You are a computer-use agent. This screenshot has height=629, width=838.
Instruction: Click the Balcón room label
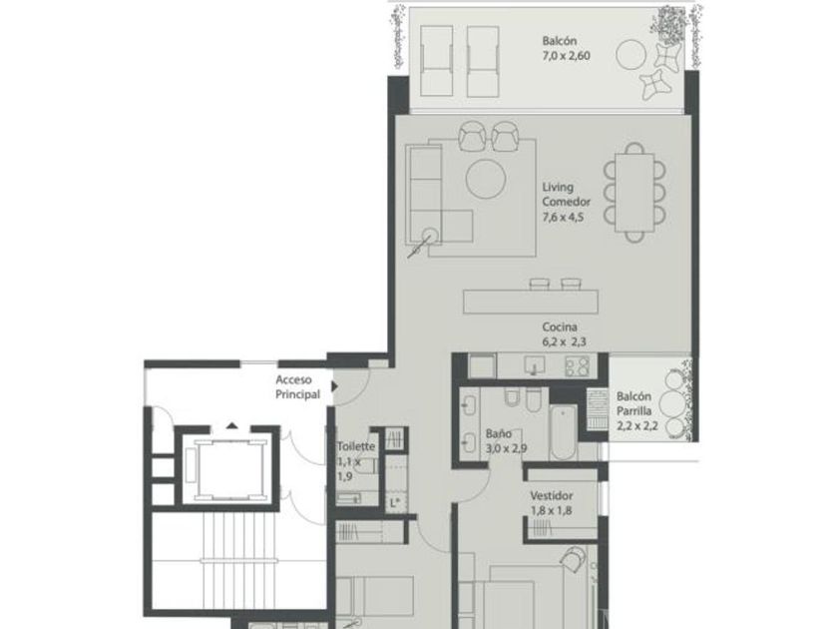point(559,41)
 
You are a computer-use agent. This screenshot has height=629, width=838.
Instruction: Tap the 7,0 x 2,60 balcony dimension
point(566,56)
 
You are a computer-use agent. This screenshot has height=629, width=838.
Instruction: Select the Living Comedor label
point(566,194)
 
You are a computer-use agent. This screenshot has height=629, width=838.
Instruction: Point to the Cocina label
point(559,326)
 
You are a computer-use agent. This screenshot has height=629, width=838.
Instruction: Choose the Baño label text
point(498,433)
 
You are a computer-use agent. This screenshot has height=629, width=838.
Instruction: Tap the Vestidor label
point(551,495)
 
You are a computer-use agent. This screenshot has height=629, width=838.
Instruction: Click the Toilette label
point(356,446)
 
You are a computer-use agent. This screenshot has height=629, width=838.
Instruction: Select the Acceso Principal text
point(297,387)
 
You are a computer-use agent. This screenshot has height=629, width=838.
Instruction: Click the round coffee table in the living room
point(486,179)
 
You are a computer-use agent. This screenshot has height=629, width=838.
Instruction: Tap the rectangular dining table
point(634,193)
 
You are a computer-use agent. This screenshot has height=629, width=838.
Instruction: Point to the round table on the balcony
point(631,55)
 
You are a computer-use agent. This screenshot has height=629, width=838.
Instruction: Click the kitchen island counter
point(530,302)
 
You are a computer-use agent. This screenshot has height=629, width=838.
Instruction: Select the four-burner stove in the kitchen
point(578,366)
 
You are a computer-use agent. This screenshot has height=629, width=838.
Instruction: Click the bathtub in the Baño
point(564,432)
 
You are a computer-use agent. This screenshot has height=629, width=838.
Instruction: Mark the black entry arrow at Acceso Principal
point(334,385)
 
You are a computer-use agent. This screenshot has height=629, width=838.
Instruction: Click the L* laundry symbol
point(395,503)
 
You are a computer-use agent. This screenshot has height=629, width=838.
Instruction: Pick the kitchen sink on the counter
point(534,365)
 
